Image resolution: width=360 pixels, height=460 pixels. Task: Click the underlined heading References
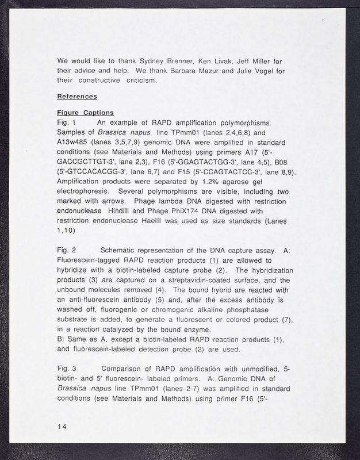(x=77, y=96)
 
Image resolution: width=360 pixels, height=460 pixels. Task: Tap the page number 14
(x=62, y=425)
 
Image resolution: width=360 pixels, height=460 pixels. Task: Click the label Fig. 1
(x=66, y=122)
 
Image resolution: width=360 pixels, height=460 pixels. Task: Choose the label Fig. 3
(x=67, y=368)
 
